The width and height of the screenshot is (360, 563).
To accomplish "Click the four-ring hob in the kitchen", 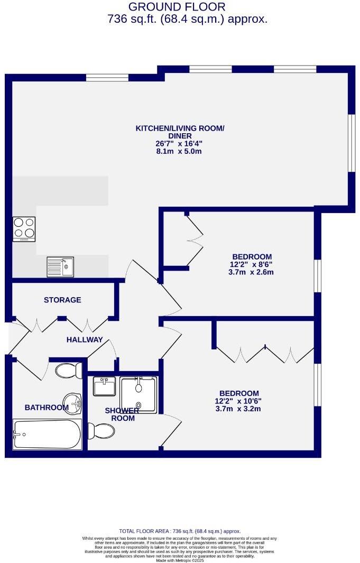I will point(24,229).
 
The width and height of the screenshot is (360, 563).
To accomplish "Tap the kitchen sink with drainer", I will point(60,266).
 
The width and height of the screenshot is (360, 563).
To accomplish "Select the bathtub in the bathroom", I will point(47,435).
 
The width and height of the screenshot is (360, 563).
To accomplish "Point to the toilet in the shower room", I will point(101,431).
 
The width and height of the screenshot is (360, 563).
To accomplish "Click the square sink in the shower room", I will point(104,386).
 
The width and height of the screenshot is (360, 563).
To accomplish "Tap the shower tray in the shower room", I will point(139,394).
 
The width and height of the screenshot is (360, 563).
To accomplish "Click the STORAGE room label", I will point(62,300).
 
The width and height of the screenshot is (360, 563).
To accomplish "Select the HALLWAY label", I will point(85,340).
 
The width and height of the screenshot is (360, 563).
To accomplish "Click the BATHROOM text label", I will point(47,408).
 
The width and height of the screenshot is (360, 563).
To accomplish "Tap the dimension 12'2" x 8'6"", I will point(251,264).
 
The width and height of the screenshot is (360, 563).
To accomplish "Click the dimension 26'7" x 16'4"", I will point(179,143).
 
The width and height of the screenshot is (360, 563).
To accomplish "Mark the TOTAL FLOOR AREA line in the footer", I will point(180,531).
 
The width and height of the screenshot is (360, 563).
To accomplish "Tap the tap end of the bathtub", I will point(19,435).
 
